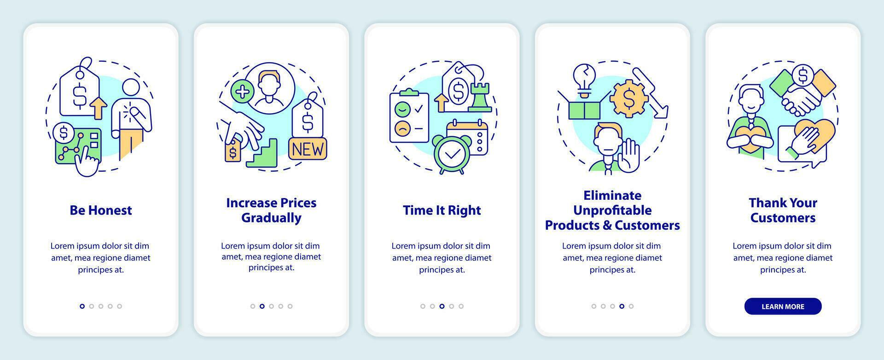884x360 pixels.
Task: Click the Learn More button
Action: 783,307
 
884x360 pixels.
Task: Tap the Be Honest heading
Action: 101,210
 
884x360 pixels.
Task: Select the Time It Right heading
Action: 442,210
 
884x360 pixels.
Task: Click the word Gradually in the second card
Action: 271,218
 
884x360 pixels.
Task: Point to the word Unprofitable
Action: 612,210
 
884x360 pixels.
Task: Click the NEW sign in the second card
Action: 308,149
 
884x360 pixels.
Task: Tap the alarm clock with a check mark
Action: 451,155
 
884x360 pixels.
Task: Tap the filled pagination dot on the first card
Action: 82,306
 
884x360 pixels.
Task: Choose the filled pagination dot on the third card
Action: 442,306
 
